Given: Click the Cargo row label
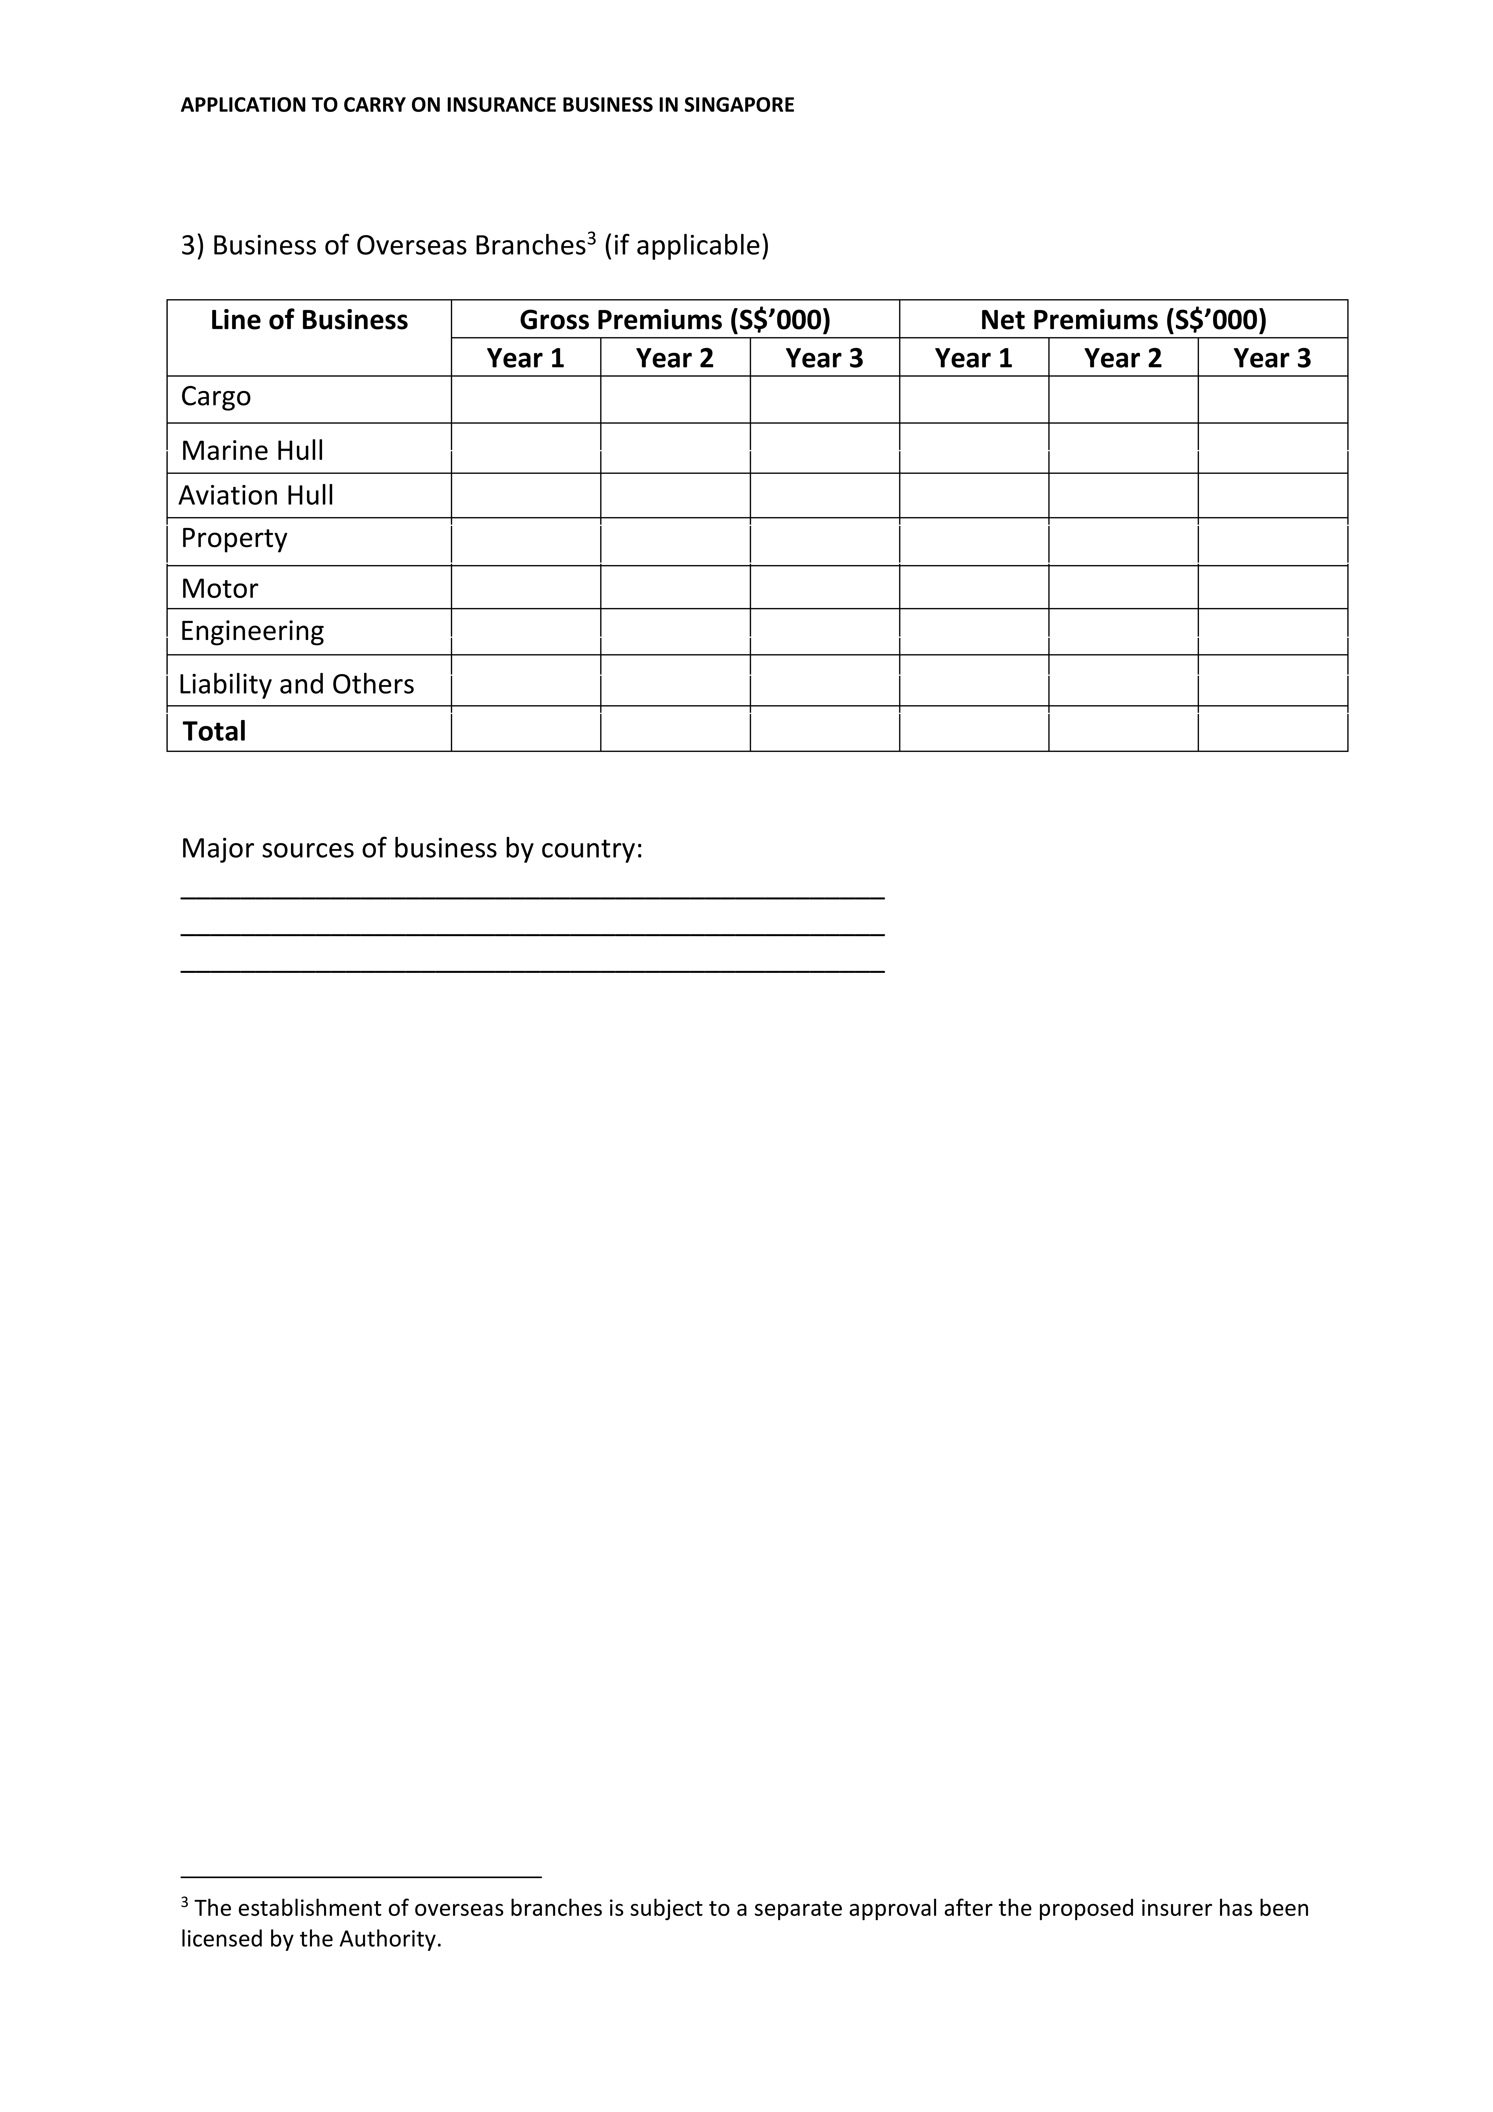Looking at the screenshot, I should point(215,396).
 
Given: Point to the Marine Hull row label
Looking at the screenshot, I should point(252,451).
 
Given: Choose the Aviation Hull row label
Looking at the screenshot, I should point(256,496).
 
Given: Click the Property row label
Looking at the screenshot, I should point(234,538).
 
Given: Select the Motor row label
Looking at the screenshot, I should point(219,589).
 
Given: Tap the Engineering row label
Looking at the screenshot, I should point(252,631).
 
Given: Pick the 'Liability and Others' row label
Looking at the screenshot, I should point(296,684).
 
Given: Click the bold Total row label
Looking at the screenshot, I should point(214,731).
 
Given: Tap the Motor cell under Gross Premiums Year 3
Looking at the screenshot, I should point(824,587).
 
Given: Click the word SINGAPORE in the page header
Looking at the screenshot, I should point(740,105).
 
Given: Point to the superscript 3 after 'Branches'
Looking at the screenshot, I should point(592,238).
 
